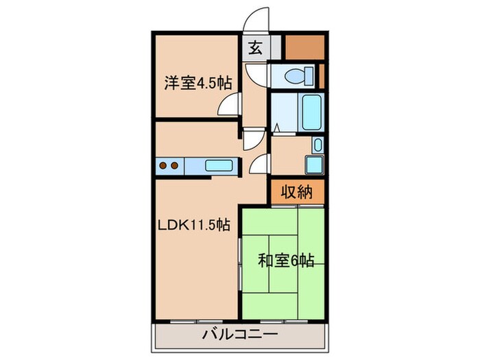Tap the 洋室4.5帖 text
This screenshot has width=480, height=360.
197,83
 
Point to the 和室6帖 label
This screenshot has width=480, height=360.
286,261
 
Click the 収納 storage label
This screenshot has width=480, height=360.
297,193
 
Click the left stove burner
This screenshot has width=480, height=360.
163,165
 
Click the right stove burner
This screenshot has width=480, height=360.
175,165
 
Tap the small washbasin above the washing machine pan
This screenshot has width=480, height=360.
317,145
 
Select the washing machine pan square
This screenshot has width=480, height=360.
315,165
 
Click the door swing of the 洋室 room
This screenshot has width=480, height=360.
228,105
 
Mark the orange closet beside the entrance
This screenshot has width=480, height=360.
302,46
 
